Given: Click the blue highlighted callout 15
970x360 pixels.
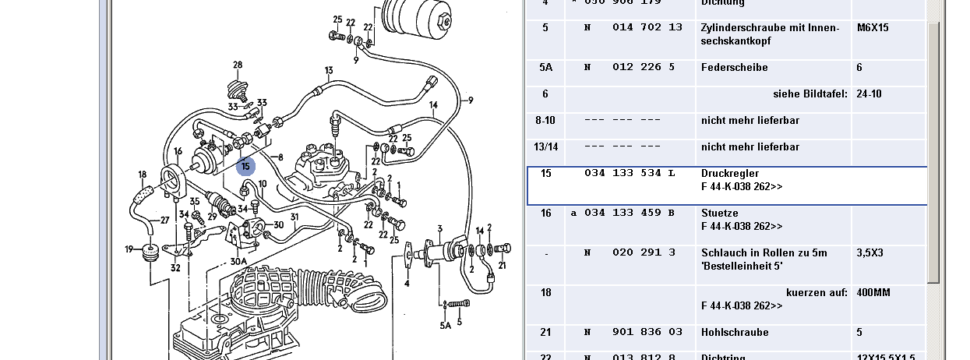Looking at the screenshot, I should (x=245, y=166).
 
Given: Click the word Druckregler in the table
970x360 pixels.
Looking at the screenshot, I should (x=729, y=173).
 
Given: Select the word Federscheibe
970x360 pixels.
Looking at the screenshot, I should (x=734, y=68).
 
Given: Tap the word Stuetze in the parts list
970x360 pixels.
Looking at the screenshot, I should (x=719, y=213).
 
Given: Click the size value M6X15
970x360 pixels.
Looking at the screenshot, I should (x=873, y=28).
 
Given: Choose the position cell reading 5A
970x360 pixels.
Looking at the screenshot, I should (x=545, y=68).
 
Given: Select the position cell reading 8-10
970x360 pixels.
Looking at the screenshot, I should (x=545, y=121).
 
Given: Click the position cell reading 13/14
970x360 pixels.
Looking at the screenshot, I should (x=545, y=147).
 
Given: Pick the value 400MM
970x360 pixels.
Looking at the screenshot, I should (x=873, y=292).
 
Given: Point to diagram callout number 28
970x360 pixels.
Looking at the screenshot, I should (x=238, y=64).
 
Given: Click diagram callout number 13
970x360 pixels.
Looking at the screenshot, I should (x=330, y=71).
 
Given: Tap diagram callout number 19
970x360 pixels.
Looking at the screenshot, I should (x=129, y=249).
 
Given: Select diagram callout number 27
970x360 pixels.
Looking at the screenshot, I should (x=164, y=221).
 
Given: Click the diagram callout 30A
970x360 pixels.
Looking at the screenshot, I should (x=238, y=262).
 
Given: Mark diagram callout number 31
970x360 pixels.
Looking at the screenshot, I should (x=295, y=217).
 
